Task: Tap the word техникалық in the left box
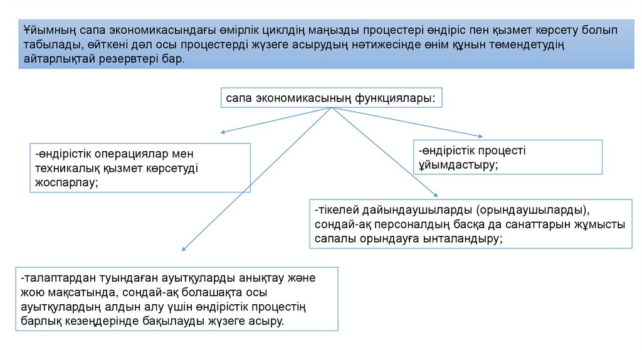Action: pos(64,168)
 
